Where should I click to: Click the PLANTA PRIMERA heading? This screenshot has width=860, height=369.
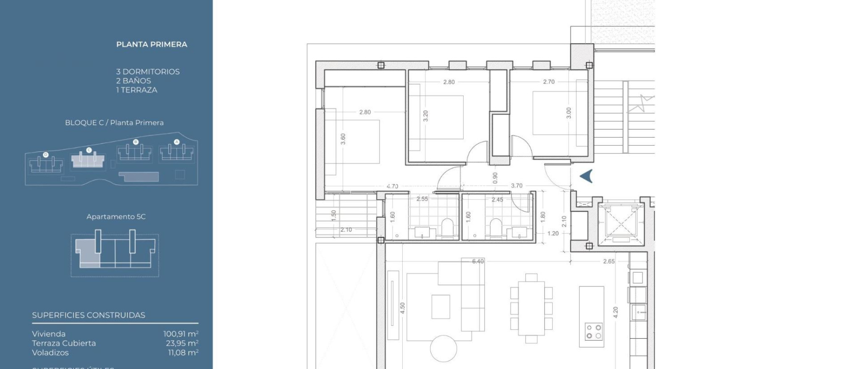coord(152,44)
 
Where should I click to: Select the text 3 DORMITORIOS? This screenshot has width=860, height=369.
coord(148,72)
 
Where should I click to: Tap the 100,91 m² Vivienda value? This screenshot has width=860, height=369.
coord(181,334)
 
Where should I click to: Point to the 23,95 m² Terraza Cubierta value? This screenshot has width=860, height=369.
coord(182,343)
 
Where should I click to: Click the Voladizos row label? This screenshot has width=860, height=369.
coord(50,353)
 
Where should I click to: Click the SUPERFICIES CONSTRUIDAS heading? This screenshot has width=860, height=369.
coord(89,315)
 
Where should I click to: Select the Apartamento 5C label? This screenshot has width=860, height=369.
coord(116,217)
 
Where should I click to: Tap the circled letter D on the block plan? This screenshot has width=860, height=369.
coord(46,155)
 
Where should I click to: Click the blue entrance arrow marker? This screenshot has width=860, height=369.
coord(586,176)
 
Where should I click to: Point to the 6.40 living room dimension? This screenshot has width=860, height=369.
coord(478,261)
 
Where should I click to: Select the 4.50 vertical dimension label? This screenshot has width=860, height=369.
coord(402,308)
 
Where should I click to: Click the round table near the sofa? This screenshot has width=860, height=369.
coord(443,348)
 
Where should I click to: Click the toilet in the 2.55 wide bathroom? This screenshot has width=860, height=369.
coord(448,226)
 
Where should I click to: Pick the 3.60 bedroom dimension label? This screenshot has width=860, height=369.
coord(343,139)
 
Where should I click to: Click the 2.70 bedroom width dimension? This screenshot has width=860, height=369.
coord(548,82)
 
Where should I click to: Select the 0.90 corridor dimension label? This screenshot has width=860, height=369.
coord(495,178)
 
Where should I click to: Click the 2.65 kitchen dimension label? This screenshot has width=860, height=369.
coord(608,261)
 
